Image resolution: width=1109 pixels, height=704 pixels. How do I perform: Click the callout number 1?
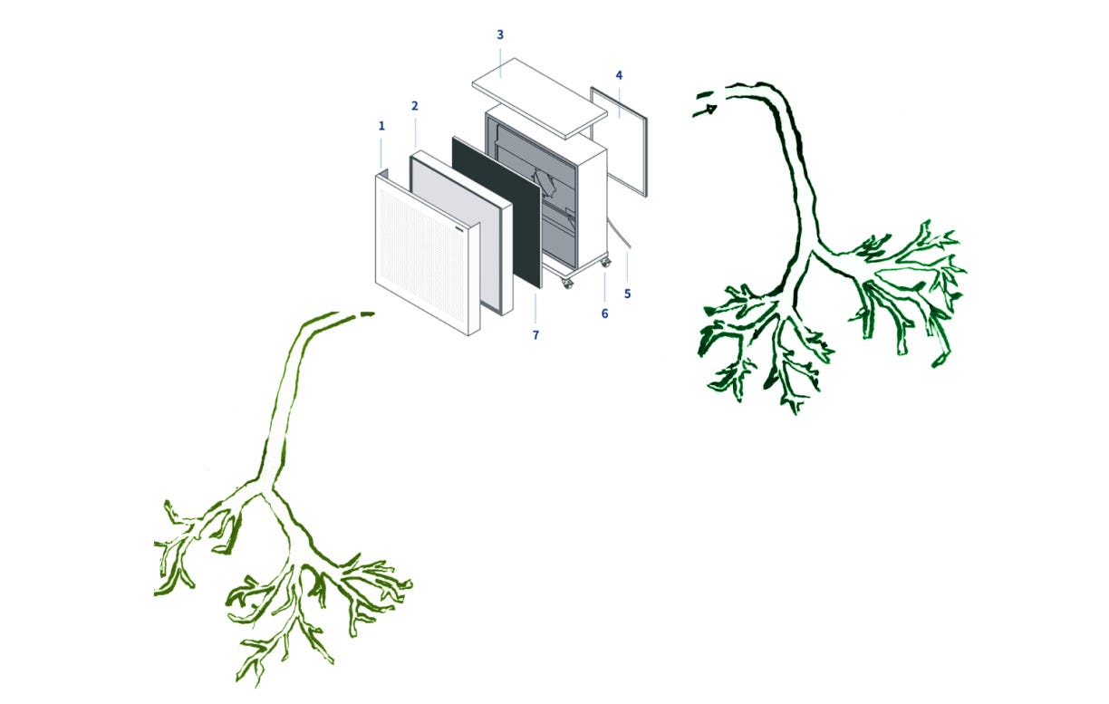[381, 126]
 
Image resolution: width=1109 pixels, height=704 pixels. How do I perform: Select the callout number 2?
[415, 106]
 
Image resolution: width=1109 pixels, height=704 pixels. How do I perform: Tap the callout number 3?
[500, 35]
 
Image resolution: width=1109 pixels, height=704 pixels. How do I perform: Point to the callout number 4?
[619, 75]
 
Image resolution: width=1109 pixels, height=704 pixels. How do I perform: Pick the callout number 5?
[627, 294]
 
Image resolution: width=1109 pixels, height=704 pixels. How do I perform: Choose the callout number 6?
[604, 313]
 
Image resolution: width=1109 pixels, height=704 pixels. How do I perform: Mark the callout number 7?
[535, 335]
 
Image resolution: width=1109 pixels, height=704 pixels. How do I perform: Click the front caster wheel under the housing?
[568, 284]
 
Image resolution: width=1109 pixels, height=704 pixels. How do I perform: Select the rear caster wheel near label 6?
[605, 263]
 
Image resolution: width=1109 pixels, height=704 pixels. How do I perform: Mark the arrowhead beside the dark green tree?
[709, 110]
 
